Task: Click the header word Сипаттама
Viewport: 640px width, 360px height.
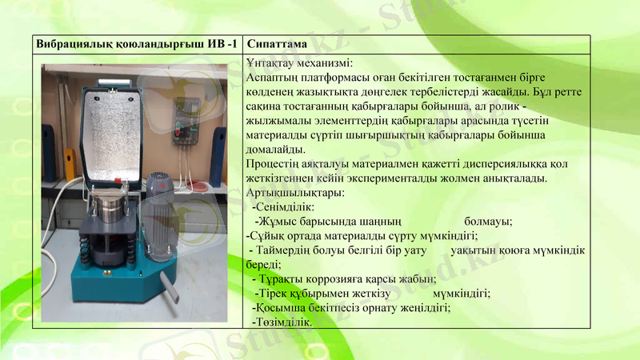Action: pyautogui.click(x=276, y=43)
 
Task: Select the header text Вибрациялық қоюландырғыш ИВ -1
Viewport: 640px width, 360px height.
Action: pyautogui.click(x=136, y=43)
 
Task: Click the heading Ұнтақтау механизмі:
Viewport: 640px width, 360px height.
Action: pyautogui.click(x=300, y=62)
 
